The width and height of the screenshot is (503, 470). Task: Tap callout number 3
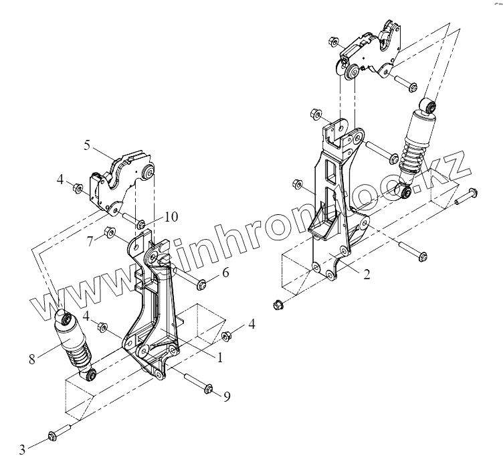pyautogui.click(x=22, y=450)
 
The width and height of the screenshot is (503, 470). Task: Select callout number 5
pyautogui.click(x=88, y=145)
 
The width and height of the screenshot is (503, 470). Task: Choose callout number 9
pyautogui.click(x=227, y=397)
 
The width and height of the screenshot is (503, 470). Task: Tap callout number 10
pyautogui.click(x=171, y=217)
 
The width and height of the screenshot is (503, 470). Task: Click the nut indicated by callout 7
pyautogui.click(x=107, y=234)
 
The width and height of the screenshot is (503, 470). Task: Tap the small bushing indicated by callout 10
pyautogui.click(x=140, y=224)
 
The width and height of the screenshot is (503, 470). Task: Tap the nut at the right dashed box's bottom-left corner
pyautogui.click(x=278, y=306)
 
